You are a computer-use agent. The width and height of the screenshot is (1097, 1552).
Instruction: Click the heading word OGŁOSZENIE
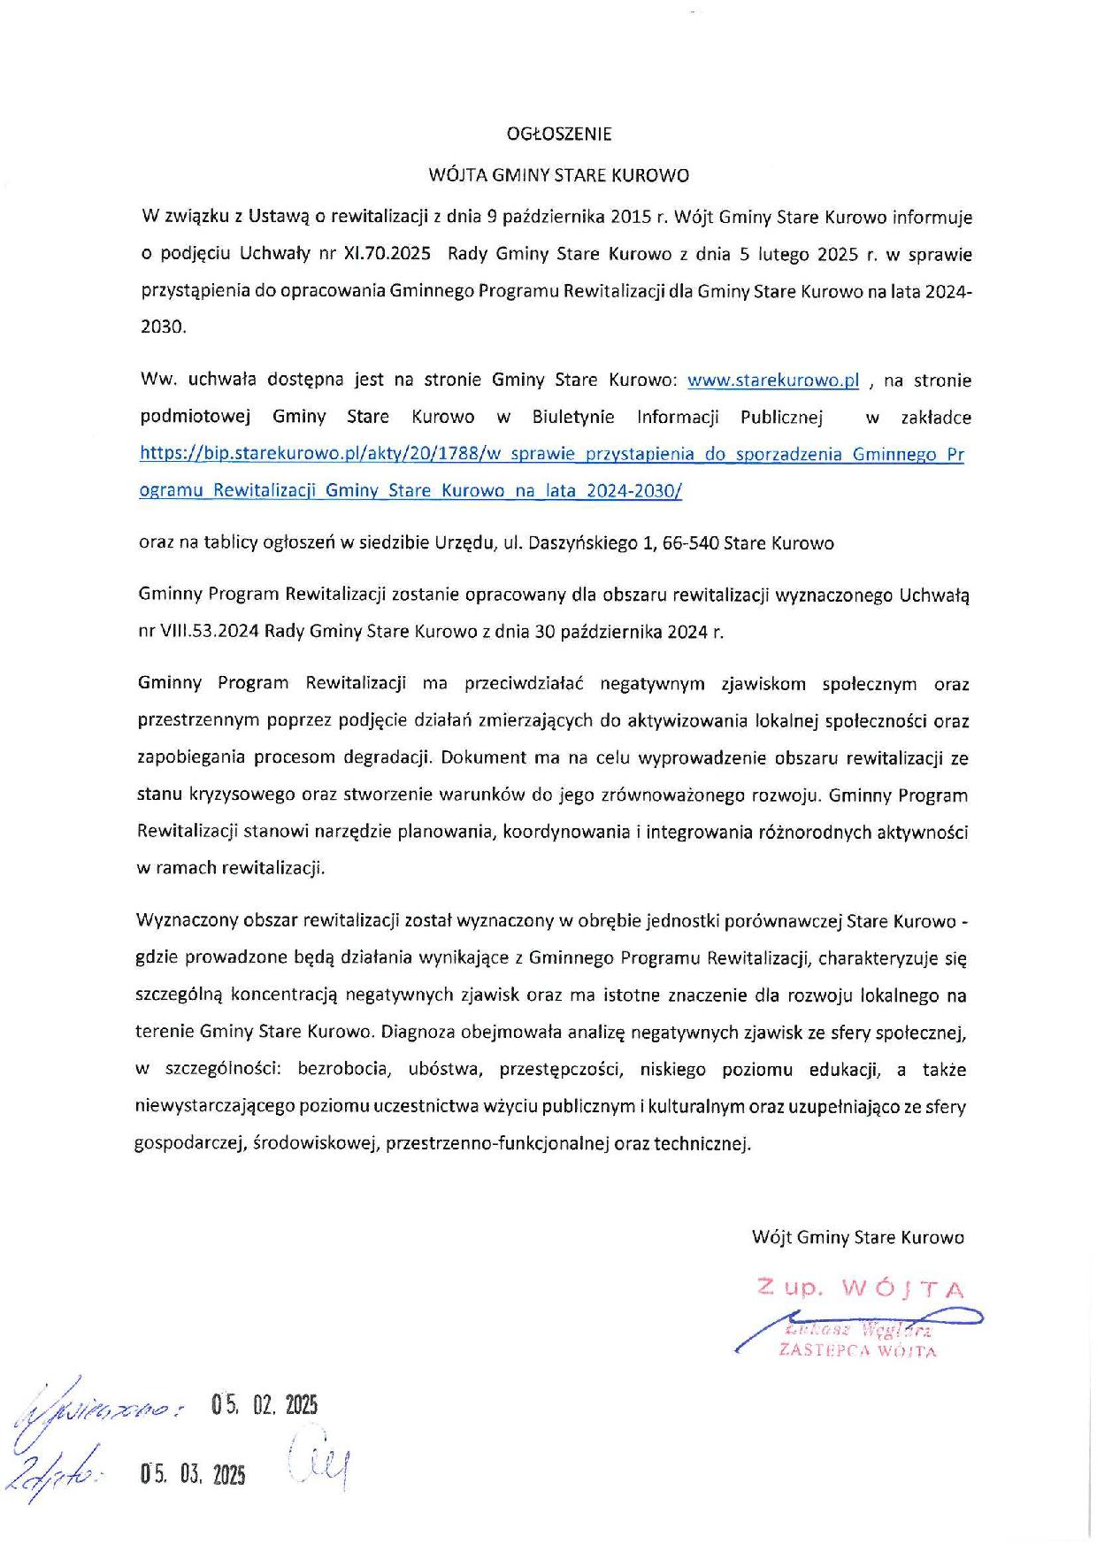558,134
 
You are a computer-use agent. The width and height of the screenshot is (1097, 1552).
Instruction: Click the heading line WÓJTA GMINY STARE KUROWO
558,175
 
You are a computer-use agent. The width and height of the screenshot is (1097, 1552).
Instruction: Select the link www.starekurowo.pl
773,380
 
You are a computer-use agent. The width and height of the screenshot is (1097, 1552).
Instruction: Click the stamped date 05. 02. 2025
265,1405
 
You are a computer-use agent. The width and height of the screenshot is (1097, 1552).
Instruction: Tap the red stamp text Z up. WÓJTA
860,1288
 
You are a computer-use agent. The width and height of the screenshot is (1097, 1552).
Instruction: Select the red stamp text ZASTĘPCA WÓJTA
856,1351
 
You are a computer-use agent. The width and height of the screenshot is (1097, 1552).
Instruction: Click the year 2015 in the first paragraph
630,217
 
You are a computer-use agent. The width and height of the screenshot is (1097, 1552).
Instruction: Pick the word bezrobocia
342,1069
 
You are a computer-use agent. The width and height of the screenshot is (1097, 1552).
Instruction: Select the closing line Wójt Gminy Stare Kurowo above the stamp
857,1237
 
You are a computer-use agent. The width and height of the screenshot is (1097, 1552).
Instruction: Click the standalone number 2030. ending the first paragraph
164,327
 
